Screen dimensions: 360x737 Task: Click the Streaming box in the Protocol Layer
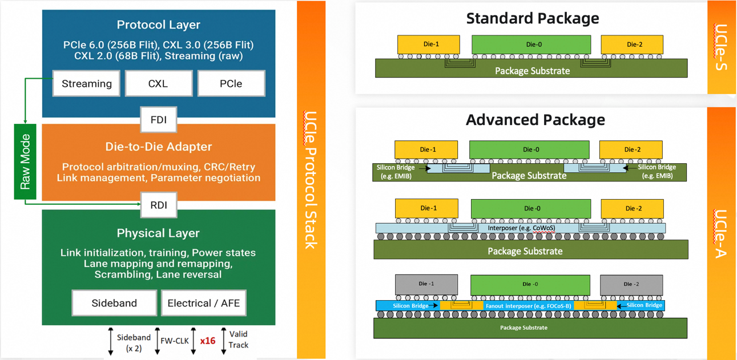click(x=87, y=84)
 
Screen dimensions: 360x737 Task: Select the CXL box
click(x=158, y=84)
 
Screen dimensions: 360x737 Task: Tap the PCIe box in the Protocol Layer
click(x=231, y=84)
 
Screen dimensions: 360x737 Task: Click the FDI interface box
click(x=159, y=120)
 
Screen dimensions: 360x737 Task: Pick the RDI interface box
click(x=159, y=205)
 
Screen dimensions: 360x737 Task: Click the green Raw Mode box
click(x=25, y=161)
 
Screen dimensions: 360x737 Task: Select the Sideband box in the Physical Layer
click(x=114, y=303)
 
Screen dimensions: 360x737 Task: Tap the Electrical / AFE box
click(x=204, y=303)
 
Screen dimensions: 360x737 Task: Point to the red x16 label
click(x=208, y=341)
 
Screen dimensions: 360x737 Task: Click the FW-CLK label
click(x=175, y=341)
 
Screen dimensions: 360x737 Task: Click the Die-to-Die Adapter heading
click(x=159, y=147)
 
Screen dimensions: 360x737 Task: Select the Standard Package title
click(x=533, y=18)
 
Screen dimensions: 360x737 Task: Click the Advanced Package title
click(x=535, y=120)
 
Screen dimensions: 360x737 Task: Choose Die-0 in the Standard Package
click(x=531, y=45)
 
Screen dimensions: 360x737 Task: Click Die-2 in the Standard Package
click(x=632, y=45)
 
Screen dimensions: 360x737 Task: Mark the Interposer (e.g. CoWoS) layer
click(x=520, y=228)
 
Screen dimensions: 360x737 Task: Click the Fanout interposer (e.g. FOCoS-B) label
click(x=527, y=306)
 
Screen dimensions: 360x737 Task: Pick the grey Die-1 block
click(x=426, y=284)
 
